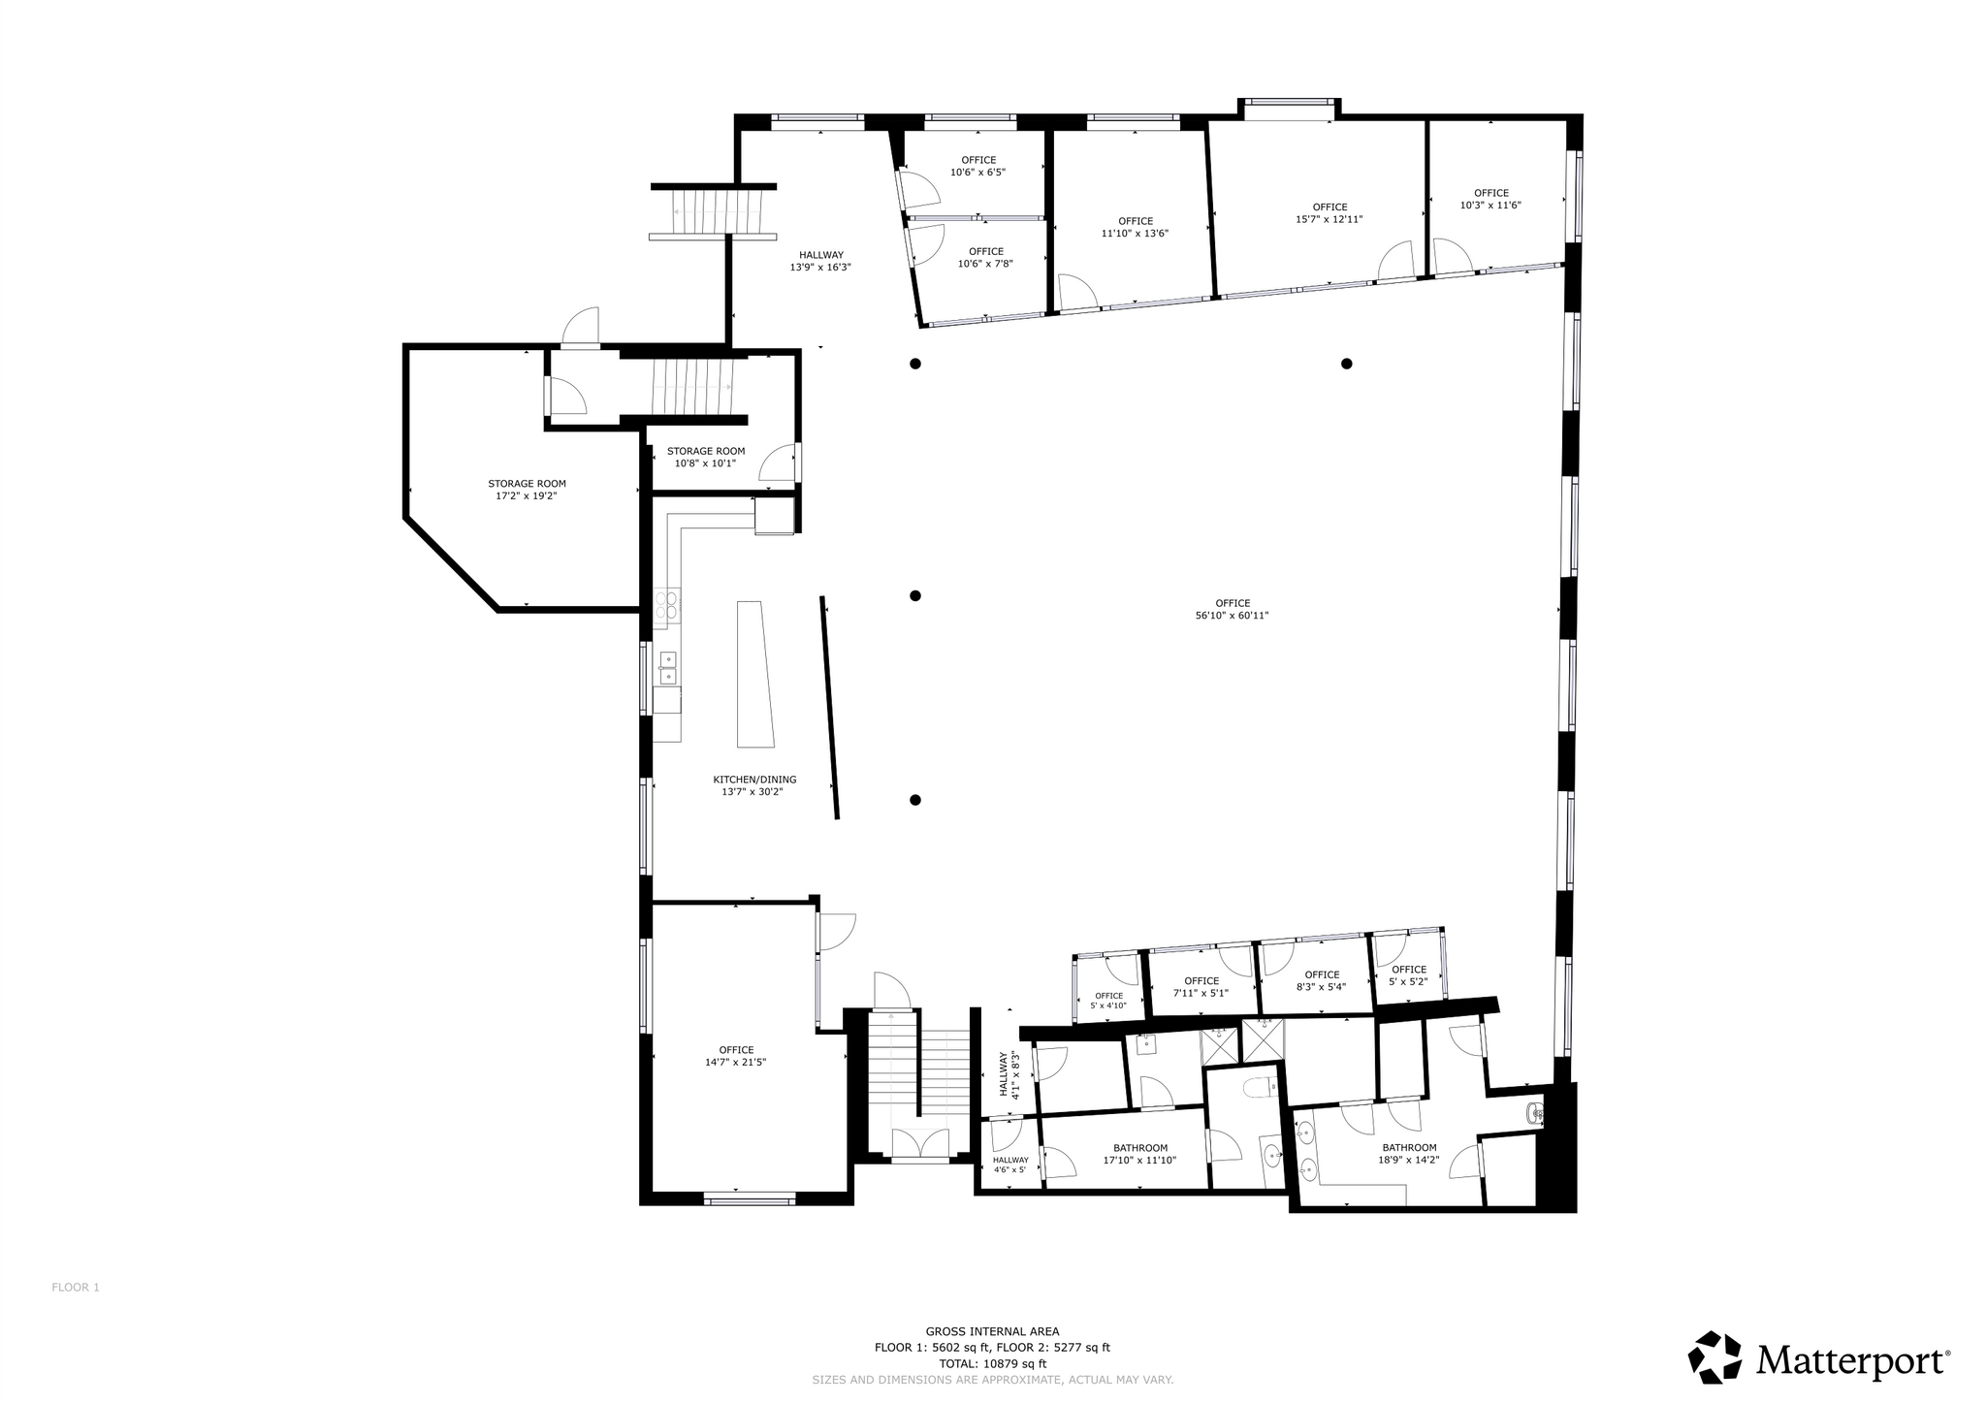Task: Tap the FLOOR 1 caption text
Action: click(x=76, y=1288)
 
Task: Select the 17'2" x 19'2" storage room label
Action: click(x=527, y=490)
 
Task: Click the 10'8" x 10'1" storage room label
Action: click(x=706, y=457)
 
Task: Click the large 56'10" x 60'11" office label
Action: click(x=1233, y=609)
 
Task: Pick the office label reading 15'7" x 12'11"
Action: click(x=1329, y=213)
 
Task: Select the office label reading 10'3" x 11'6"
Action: click(x=1491, y=199)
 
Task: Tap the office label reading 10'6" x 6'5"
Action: click(x=978, y=166)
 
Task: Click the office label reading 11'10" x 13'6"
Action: click(x=1136, y=227)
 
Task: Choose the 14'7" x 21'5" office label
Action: click(x=736, y=1056)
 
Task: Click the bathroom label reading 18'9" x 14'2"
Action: click(x=1409, y=1153)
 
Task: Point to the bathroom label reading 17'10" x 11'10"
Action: click(x=1140, y=1154)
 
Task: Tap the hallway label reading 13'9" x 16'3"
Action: click(x=821, y=261)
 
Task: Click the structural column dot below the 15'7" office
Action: click(x=1347, y=364)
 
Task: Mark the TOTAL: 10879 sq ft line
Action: click(x=993, y=1362)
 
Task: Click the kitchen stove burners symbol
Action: click(x=666, y=605)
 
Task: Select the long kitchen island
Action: click(x=756, y=674)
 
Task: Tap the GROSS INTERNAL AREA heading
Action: click(x=992, y=1331)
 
